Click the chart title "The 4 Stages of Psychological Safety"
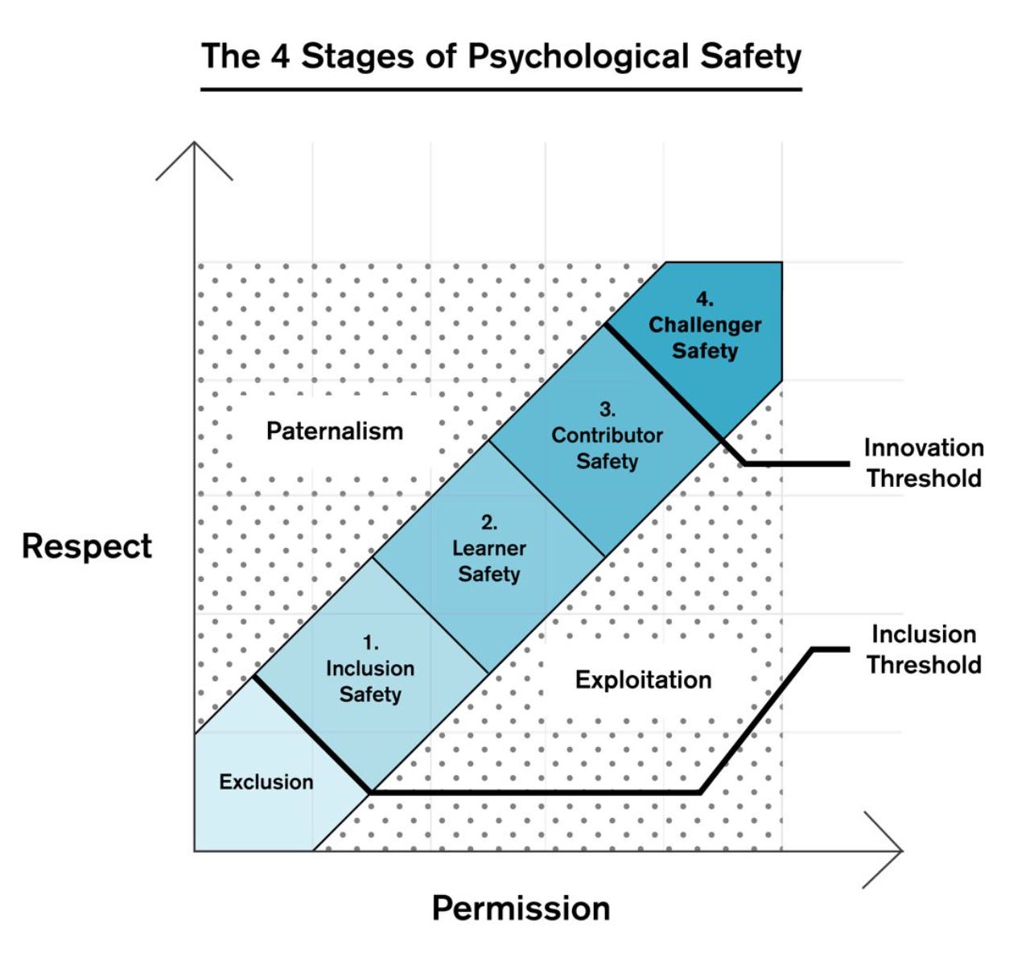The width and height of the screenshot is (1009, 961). tap(500, 56)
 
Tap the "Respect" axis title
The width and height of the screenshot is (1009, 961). tap(87, 546)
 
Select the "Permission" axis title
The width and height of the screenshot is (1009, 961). tap(521, 908)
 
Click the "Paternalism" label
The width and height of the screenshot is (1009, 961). tap(335, 431)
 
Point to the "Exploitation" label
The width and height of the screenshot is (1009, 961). tap(643, 680)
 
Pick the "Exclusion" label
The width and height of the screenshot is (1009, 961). tap(266, 782)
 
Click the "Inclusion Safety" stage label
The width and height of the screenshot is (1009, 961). tap(370, 681)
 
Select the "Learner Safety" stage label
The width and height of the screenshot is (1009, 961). tap(489, 561)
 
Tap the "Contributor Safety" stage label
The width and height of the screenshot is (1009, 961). tap(607, 448)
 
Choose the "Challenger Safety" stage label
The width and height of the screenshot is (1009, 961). tap(705, 337)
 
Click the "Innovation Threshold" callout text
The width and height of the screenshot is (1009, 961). tap(924, 463)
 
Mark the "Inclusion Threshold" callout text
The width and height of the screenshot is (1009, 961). tap(924, 650)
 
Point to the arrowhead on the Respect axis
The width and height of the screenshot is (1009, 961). tap(194, 149)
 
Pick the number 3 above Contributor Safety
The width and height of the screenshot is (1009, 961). tap(606, 410)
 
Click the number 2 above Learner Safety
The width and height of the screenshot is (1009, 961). tap(488, 523)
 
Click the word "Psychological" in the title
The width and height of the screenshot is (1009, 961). tap(578, 57)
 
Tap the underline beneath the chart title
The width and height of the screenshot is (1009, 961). tap(500, 89)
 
